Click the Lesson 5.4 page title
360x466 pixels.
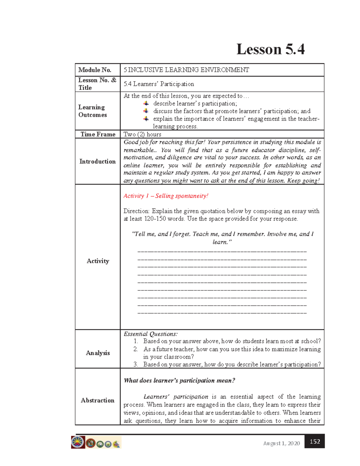pos(270,50)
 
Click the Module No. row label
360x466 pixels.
pos(95,70)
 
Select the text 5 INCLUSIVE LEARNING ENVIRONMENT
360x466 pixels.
pos(186,70)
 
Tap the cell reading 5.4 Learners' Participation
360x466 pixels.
pos(159,84)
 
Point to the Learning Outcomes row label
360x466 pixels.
pos(92,111)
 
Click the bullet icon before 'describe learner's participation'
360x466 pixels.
pos(146,104)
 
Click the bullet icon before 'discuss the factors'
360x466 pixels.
pos(146,111)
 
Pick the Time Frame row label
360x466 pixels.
pos(98,134)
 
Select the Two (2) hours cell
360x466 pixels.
pos(142,134)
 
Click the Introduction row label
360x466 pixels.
pos(97,161)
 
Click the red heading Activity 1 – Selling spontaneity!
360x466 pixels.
pos(166,196)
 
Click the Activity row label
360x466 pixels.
pos(98,261)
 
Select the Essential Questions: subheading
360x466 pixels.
pos(151,334)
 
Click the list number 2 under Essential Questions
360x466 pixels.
pos(136,349)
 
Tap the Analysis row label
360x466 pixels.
pos(98,353)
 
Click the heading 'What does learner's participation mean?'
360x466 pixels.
pos(179,380)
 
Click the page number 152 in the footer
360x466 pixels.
pos(315,441)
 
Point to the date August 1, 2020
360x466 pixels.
pos(281,443)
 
